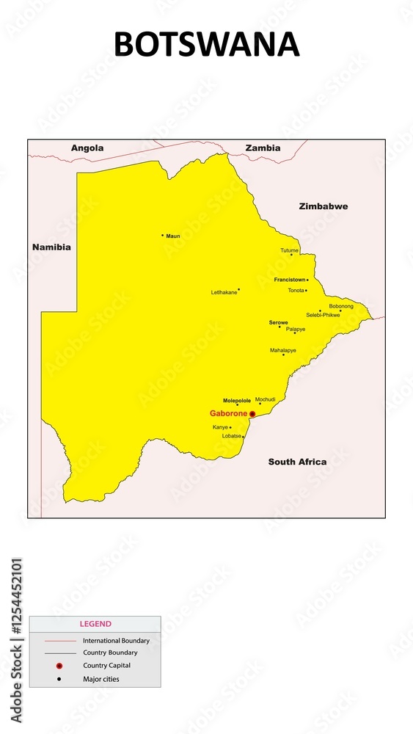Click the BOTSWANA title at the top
206,45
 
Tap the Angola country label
87,148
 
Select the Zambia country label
263,148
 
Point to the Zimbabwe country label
324,206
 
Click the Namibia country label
51,247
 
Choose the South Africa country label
297,462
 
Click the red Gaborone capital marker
252,414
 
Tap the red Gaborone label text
228,414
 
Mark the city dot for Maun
163,236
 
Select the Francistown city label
290,280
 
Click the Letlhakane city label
224,292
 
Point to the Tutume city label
289,250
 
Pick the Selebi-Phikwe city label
323,315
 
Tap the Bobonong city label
341,306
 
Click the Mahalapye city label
283,350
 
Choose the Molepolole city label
237,401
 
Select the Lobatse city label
232,436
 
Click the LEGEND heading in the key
95,624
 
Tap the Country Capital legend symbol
59,666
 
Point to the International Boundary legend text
116,641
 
